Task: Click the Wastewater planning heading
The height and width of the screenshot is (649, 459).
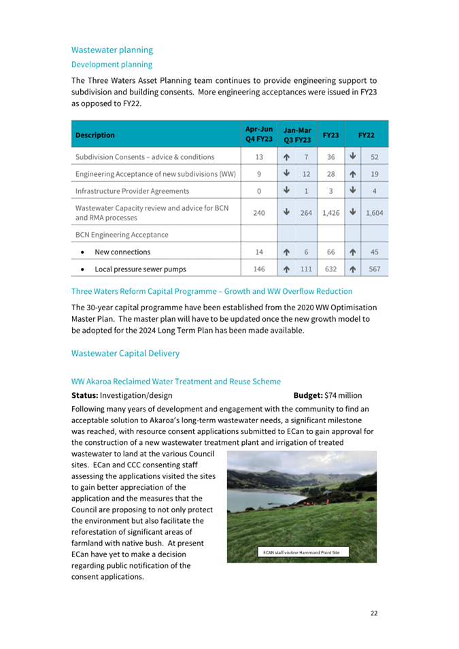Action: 112,50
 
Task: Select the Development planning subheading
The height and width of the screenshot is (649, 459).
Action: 112,65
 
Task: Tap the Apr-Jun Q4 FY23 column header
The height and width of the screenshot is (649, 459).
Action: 258,135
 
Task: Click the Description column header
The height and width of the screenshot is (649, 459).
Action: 95,135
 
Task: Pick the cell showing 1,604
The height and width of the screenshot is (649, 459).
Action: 374,213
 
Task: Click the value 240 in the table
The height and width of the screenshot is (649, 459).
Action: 258,213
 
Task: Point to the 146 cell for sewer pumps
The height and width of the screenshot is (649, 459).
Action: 258,269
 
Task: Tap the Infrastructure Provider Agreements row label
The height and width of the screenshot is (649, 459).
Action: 132,191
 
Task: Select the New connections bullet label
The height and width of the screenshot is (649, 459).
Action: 122,252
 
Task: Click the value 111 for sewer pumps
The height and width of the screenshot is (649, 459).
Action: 306,269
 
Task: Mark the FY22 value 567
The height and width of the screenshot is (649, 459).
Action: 374,269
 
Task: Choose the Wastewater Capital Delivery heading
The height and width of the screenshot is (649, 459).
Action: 126,353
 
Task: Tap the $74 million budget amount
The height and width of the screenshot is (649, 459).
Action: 343,395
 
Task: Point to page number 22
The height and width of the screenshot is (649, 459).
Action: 374,613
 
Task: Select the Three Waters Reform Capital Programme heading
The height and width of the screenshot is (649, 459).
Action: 211,291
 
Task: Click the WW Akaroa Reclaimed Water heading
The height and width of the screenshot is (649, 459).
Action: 176,382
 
